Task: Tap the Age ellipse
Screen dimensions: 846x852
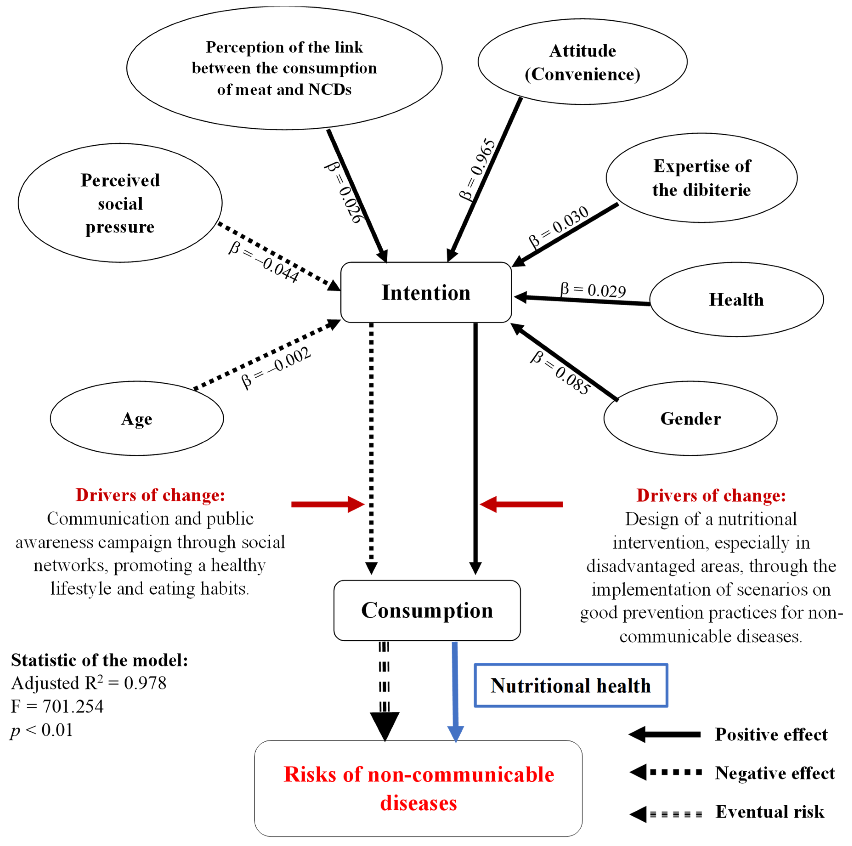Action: (137, 418)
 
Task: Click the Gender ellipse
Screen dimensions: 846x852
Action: (690, 418)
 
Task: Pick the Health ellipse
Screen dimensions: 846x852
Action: (736, 300)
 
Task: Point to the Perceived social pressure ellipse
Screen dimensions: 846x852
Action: (120, 203)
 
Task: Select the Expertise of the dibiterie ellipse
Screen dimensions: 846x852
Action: (701, 178)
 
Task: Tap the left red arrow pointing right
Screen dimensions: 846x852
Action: (327, 504)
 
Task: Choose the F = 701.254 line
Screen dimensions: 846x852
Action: (57, 706)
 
